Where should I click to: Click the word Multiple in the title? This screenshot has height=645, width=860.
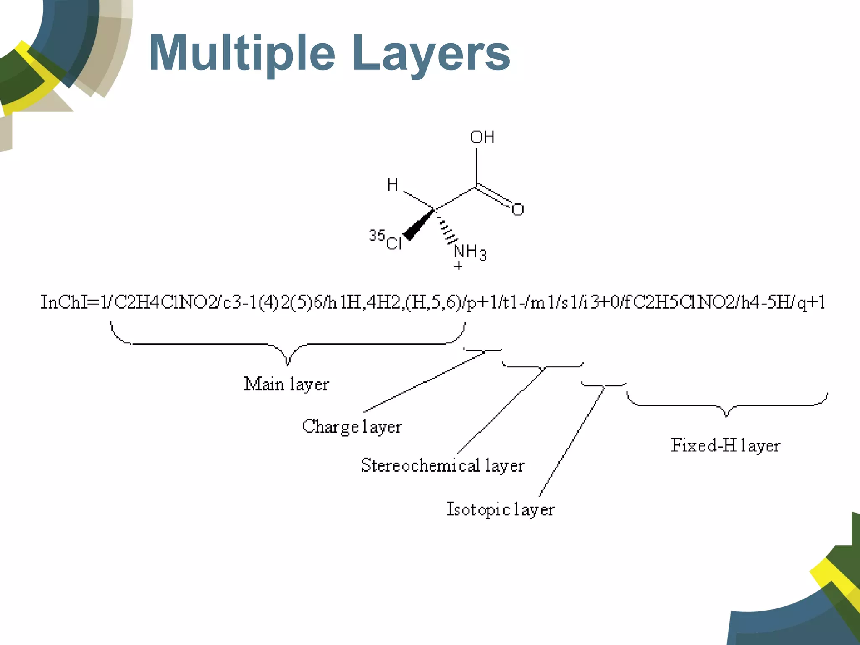(242, 53)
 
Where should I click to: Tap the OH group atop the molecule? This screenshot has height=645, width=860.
(482, 137)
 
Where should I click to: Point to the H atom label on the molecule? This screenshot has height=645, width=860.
(392, 185)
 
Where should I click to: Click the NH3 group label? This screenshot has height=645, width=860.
(470, 252)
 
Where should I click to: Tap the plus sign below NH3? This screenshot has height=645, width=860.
(458, 266)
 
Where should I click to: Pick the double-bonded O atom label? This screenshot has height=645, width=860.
(518, 210)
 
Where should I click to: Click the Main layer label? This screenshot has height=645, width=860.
(286, 384)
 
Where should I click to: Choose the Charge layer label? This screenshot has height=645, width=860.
(352, 427)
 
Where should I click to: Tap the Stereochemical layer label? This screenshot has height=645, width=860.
(443, 465)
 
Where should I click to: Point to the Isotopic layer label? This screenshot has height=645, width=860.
(500, 509)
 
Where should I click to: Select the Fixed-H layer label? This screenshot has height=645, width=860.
(725, 446)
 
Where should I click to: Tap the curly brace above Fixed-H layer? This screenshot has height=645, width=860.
(726, 406)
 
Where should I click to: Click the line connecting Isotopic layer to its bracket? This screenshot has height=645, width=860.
(572, 441)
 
